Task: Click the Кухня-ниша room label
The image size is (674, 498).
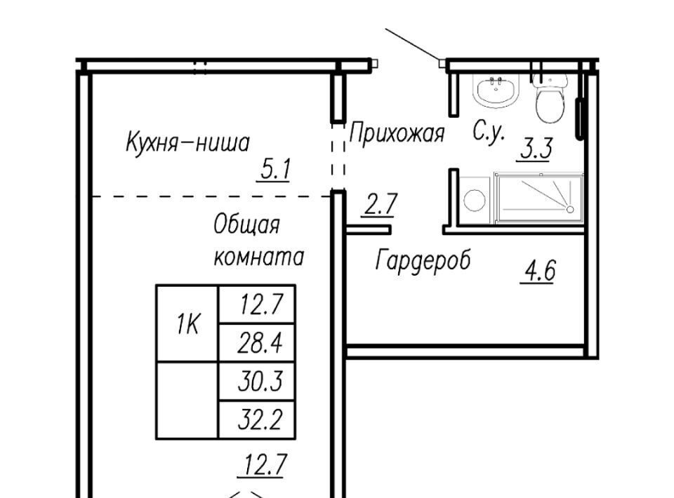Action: [187, 142]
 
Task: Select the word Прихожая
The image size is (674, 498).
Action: [396, 133]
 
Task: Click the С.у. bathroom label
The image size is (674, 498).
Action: [488, 130]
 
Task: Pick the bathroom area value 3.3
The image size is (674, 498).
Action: [536, 148]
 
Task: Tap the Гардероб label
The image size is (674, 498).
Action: [423, 260]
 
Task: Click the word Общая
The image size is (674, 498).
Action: [246, 224]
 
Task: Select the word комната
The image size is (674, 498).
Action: [259, 257]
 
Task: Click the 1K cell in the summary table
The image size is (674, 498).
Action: [188, 323]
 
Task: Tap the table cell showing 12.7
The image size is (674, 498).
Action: [257, 304]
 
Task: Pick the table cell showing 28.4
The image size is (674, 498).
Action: [257, 342]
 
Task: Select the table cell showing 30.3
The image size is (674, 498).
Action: [257, 381]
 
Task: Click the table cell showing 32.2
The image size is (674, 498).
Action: [257, 419]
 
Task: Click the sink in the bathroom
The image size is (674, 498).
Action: [496, 90]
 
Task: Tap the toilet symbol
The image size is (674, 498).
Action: [550, 99]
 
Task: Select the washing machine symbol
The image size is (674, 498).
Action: [475, 201]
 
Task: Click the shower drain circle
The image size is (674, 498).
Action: [570, 210]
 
